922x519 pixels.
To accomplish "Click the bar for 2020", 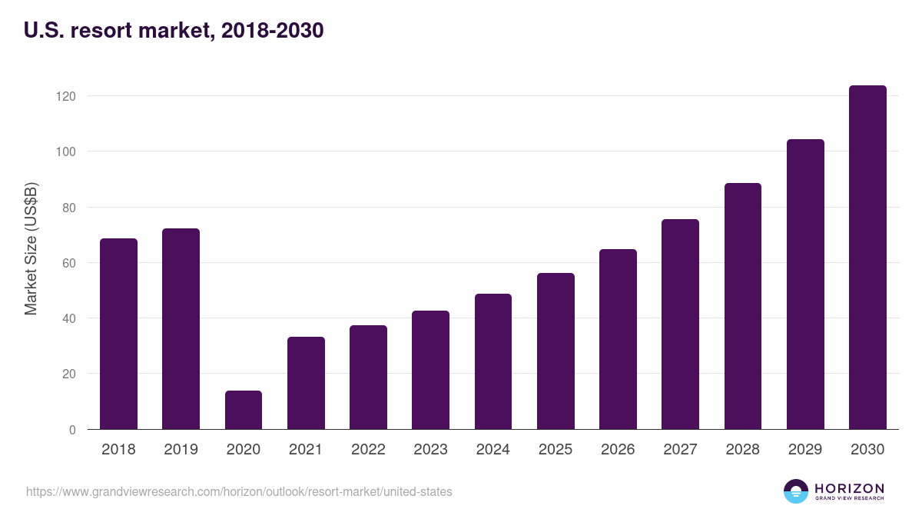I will click(244, 410).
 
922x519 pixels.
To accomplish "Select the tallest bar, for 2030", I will click(867, 258).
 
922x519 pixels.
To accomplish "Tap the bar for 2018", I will click(118, 334).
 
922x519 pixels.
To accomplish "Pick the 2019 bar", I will click(181, 329).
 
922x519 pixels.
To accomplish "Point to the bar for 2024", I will click(493, 361).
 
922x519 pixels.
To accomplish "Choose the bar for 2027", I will click(680, 324).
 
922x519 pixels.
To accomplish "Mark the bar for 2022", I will click(368, 377).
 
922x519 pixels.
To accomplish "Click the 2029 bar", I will click(805, 284).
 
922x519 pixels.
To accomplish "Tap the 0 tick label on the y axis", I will click(72, 430).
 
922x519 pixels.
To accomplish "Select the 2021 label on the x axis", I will click(306, 450).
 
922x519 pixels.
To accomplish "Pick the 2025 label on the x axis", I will click(556, 450).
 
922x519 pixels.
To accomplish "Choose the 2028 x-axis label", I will click(742, 450).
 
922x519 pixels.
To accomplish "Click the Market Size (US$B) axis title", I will click(31, 249).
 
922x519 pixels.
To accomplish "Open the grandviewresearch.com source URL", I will click(239, 491).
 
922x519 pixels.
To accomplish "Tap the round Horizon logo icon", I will click(796, 491).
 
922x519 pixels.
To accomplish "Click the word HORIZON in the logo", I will click(849, 488).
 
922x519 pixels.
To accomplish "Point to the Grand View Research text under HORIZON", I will click(849, 498).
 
